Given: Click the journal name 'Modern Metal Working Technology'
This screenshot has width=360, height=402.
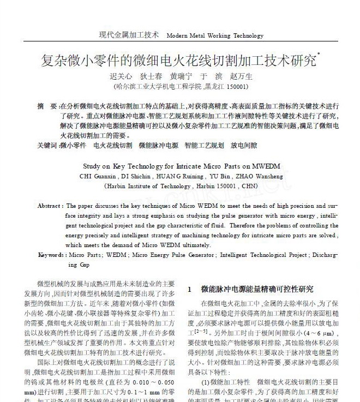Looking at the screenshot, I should click(215, 36).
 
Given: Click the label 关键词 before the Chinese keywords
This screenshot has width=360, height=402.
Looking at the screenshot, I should click(47, 146).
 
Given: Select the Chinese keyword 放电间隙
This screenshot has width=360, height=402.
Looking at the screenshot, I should click(244, 146).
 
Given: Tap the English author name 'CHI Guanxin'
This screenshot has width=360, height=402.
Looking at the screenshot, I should click(98, 176).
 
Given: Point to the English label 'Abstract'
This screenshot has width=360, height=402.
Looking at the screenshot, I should click(50, 206).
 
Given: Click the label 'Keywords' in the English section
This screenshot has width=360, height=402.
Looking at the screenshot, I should click(51, 255).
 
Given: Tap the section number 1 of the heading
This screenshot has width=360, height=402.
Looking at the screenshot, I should click(189, 289).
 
